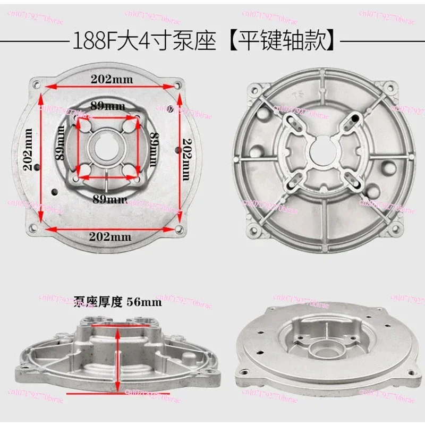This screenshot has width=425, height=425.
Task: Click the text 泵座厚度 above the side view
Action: point(98,303)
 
